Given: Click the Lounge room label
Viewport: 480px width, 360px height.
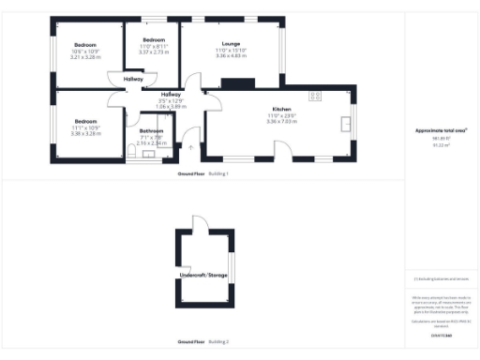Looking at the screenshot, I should point(230,44).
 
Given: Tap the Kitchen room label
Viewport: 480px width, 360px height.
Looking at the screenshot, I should point(282,110).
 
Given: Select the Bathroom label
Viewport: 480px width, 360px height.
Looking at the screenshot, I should point(151,130).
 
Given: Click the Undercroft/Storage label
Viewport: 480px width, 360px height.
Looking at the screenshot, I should point(203,276).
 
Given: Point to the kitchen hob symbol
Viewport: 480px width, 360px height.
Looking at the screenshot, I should point(314,94).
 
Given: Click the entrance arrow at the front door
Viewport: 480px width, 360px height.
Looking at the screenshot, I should point(191,147).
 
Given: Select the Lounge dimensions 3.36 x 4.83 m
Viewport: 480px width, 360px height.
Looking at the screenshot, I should point(230,56).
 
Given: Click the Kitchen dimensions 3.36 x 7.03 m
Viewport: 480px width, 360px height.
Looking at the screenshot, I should point(282,122).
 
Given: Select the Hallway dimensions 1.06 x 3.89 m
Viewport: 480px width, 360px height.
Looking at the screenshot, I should point(171,106).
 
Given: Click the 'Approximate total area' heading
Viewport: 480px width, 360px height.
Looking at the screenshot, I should point(441,131).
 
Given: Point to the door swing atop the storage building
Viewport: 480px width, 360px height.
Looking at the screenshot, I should point(197,223).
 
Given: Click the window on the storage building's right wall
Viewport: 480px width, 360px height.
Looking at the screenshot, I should point(230,265).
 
